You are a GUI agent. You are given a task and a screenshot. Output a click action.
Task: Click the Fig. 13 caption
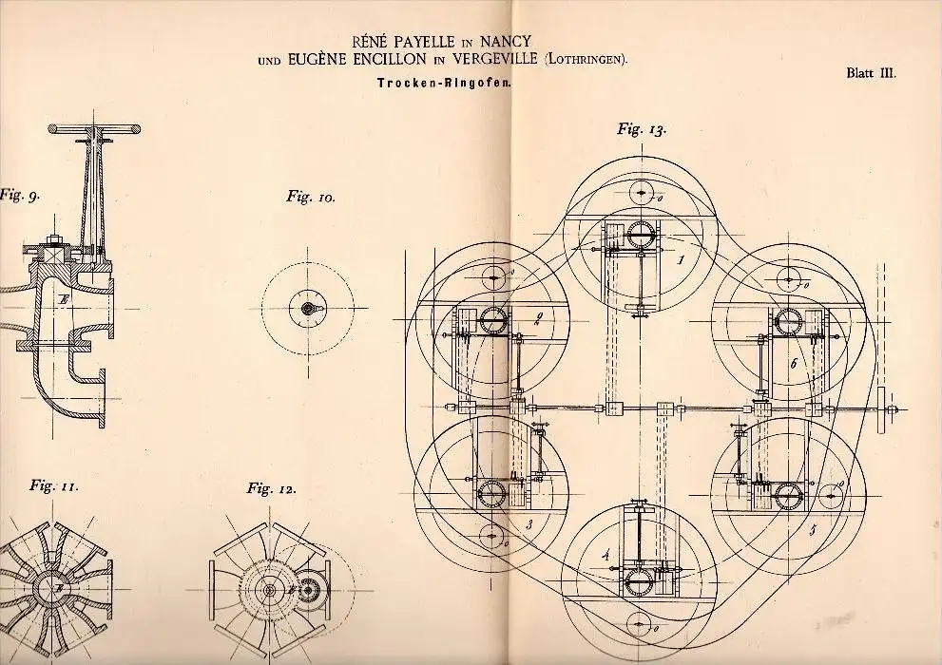pos(641,131)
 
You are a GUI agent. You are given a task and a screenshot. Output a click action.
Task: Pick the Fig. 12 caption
pos(271,489)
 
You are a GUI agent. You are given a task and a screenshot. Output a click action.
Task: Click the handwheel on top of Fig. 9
pos(95,126)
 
